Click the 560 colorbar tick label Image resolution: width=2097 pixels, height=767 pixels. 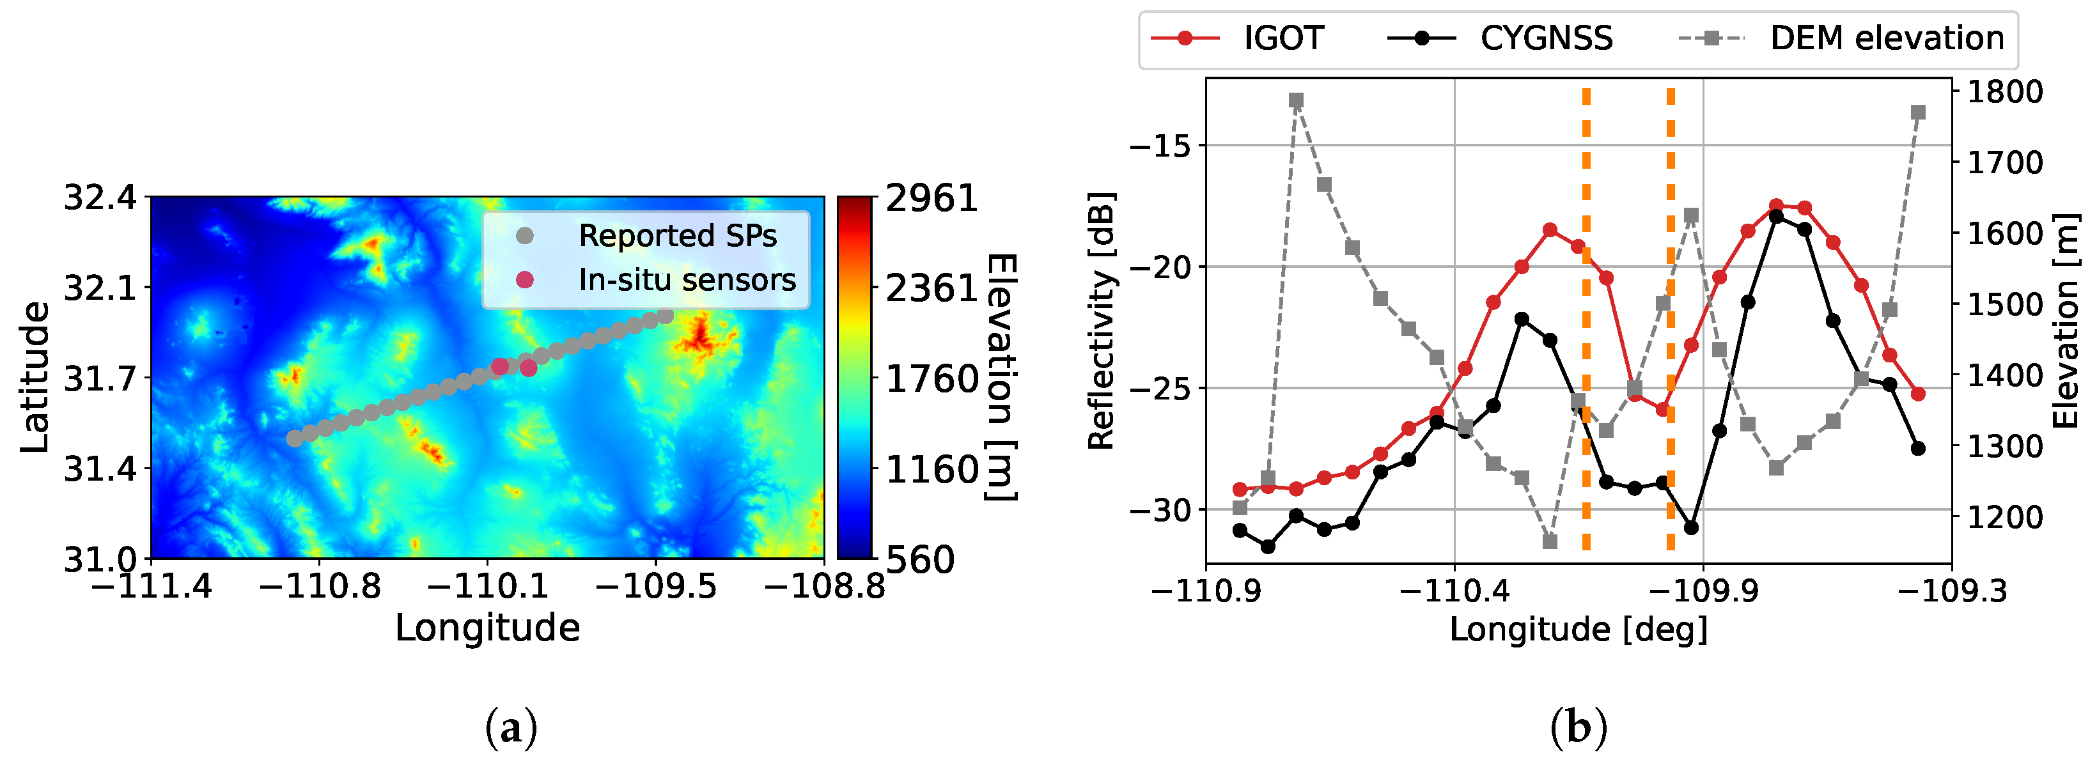pos(920,560)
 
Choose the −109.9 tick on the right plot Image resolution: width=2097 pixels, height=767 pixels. pos(1703,591)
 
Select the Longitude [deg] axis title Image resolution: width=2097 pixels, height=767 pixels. pos(1578,630)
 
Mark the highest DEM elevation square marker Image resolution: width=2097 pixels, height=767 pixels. pos(1297,101)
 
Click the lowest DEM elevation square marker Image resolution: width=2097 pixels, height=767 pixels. pos(1550,541)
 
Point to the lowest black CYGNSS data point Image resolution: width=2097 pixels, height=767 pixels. pos(1268,546)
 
